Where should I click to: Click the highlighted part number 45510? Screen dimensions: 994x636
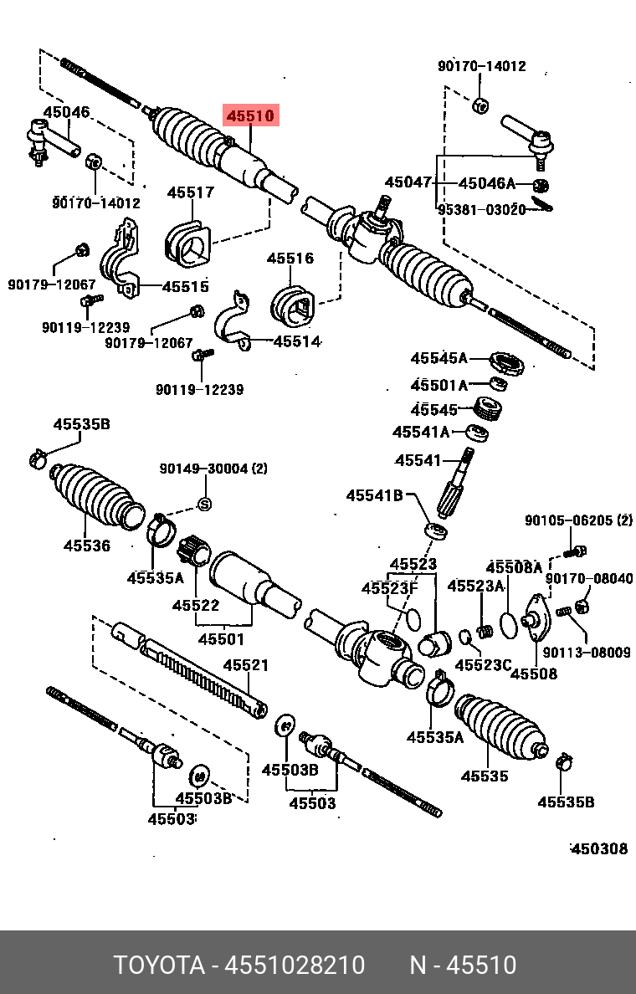pos(249,115)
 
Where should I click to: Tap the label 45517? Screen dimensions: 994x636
pos(190,192)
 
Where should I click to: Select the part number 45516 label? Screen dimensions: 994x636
pos(290,259)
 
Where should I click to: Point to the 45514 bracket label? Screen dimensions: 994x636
pos(297,341)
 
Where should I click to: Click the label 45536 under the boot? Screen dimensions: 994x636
pos(87,546)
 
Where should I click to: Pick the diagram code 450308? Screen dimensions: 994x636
pos(598,848)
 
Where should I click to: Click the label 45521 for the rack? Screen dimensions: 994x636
pos(245,665)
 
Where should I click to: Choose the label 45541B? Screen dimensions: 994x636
pos(374,495)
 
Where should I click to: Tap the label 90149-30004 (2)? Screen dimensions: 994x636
pos(213,469)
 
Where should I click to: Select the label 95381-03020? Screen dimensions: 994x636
pos(481,210)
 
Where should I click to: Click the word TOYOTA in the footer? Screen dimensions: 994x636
pos(159,965)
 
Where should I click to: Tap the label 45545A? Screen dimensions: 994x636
pos(439,358)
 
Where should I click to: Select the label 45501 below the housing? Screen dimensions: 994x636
pos(221,639)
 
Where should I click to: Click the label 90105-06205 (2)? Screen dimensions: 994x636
pos(578,520)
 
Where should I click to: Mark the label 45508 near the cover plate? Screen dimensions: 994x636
pos(533,673)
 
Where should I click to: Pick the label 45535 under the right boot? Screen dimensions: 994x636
pos(484,776)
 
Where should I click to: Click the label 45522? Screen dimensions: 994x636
pos(196,605)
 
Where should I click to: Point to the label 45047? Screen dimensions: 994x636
pos(408,182)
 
